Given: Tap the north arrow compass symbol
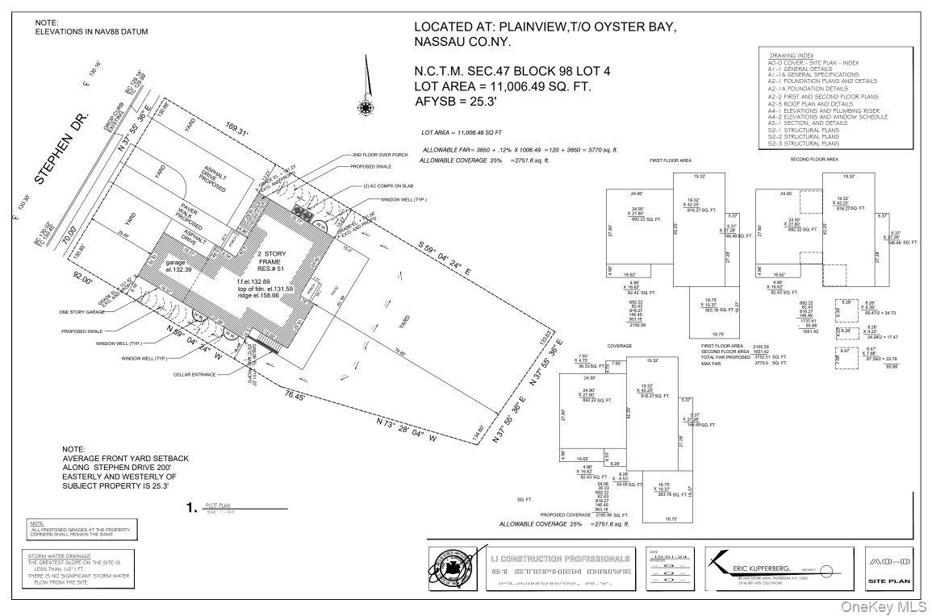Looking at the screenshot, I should click(366, 105).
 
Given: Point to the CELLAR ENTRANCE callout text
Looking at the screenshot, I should click(194, 374).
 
